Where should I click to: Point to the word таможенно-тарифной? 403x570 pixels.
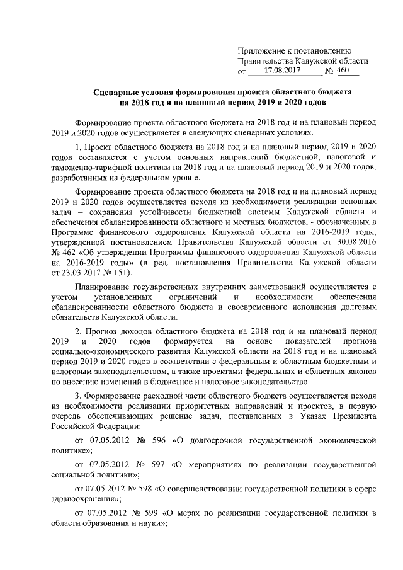[91, 167]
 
